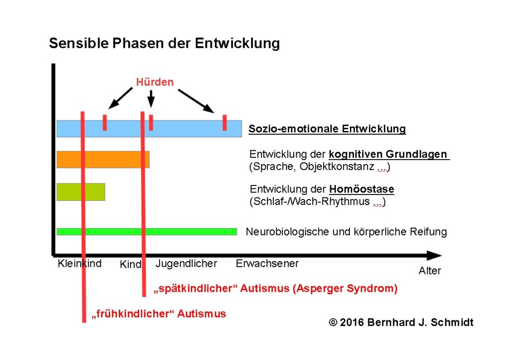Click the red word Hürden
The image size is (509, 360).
pos(155,82)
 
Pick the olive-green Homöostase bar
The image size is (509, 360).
pos(94,192)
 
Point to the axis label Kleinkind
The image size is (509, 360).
pos(80,263)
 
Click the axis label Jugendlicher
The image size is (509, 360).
pos(186,264)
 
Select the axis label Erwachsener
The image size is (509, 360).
pos(267,263)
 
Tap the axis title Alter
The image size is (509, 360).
pos(430,270)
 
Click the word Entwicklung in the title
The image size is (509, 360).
pos(237,43)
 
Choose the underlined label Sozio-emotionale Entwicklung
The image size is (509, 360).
pos(327,129)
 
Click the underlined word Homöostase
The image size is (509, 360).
pos(362,189)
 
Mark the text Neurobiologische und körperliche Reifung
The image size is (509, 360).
pos(346,232)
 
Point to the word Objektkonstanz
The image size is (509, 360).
pos(337,167)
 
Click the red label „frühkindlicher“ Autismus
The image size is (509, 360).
pos(159,314)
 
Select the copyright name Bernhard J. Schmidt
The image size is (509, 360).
pos(421,322)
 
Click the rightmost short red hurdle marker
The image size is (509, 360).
pos(225,123)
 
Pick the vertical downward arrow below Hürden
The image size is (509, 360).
pos(151,98)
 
